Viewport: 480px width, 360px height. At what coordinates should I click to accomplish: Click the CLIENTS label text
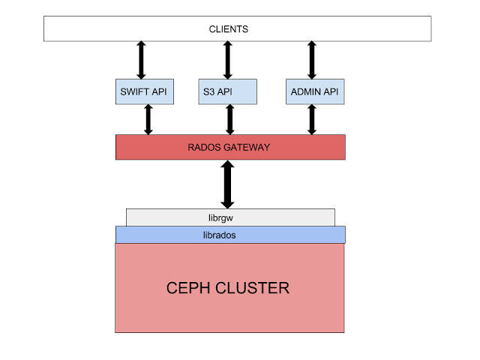click(228, 29)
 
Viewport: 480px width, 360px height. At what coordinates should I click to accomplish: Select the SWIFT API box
click(144, 91)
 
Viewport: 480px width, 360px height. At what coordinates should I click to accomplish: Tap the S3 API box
click(228, 91)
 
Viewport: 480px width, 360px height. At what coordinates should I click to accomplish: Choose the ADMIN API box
click(312, 91)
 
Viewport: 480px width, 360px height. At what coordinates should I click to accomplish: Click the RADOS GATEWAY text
click(229, 147)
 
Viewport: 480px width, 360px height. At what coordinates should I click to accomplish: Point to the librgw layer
click(229, 217)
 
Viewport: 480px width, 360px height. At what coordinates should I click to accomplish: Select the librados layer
click(229, 235)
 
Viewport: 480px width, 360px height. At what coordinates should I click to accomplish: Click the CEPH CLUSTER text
click(227, 288)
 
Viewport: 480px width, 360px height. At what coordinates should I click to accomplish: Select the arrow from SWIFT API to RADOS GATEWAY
click(148, 119)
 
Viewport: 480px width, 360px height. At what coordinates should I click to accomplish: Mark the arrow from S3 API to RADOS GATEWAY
click(229, 119)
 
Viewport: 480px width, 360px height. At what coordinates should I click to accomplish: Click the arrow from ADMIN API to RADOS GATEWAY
click(312, 119)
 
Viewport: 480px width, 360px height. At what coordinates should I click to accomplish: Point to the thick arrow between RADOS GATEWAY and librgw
click(227, 184)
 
